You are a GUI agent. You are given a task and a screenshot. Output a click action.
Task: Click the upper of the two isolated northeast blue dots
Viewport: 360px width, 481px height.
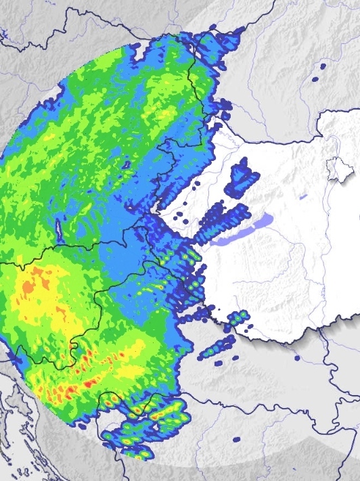point(323,66)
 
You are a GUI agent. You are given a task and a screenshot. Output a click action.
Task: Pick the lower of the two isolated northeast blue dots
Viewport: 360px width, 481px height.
point(315,79)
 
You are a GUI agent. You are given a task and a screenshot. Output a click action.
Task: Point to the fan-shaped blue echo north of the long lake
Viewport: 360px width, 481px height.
point(243,177)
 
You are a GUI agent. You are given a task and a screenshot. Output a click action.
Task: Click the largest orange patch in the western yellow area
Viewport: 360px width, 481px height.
point(28,288)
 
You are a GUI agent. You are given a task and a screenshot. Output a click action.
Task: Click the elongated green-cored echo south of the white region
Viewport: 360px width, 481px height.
point(217,348)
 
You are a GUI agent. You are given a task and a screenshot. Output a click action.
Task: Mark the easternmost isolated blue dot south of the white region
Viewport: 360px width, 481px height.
point(296,358)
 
